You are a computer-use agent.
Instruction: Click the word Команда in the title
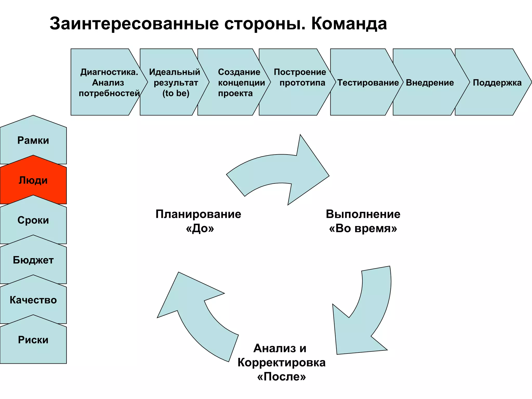(349, 24)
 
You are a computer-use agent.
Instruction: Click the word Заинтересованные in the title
(134, 24)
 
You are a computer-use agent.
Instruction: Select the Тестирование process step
(368, 83)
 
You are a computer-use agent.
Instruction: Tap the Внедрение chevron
(430, 83)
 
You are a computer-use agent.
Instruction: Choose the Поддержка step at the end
(497, 83)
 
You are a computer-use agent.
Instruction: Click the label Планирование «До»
(198, 221)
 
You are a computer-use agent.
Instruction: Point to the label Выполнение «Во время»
(363, 221)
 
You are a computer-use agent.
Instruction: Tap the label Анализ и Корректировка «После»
(281, 362)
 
